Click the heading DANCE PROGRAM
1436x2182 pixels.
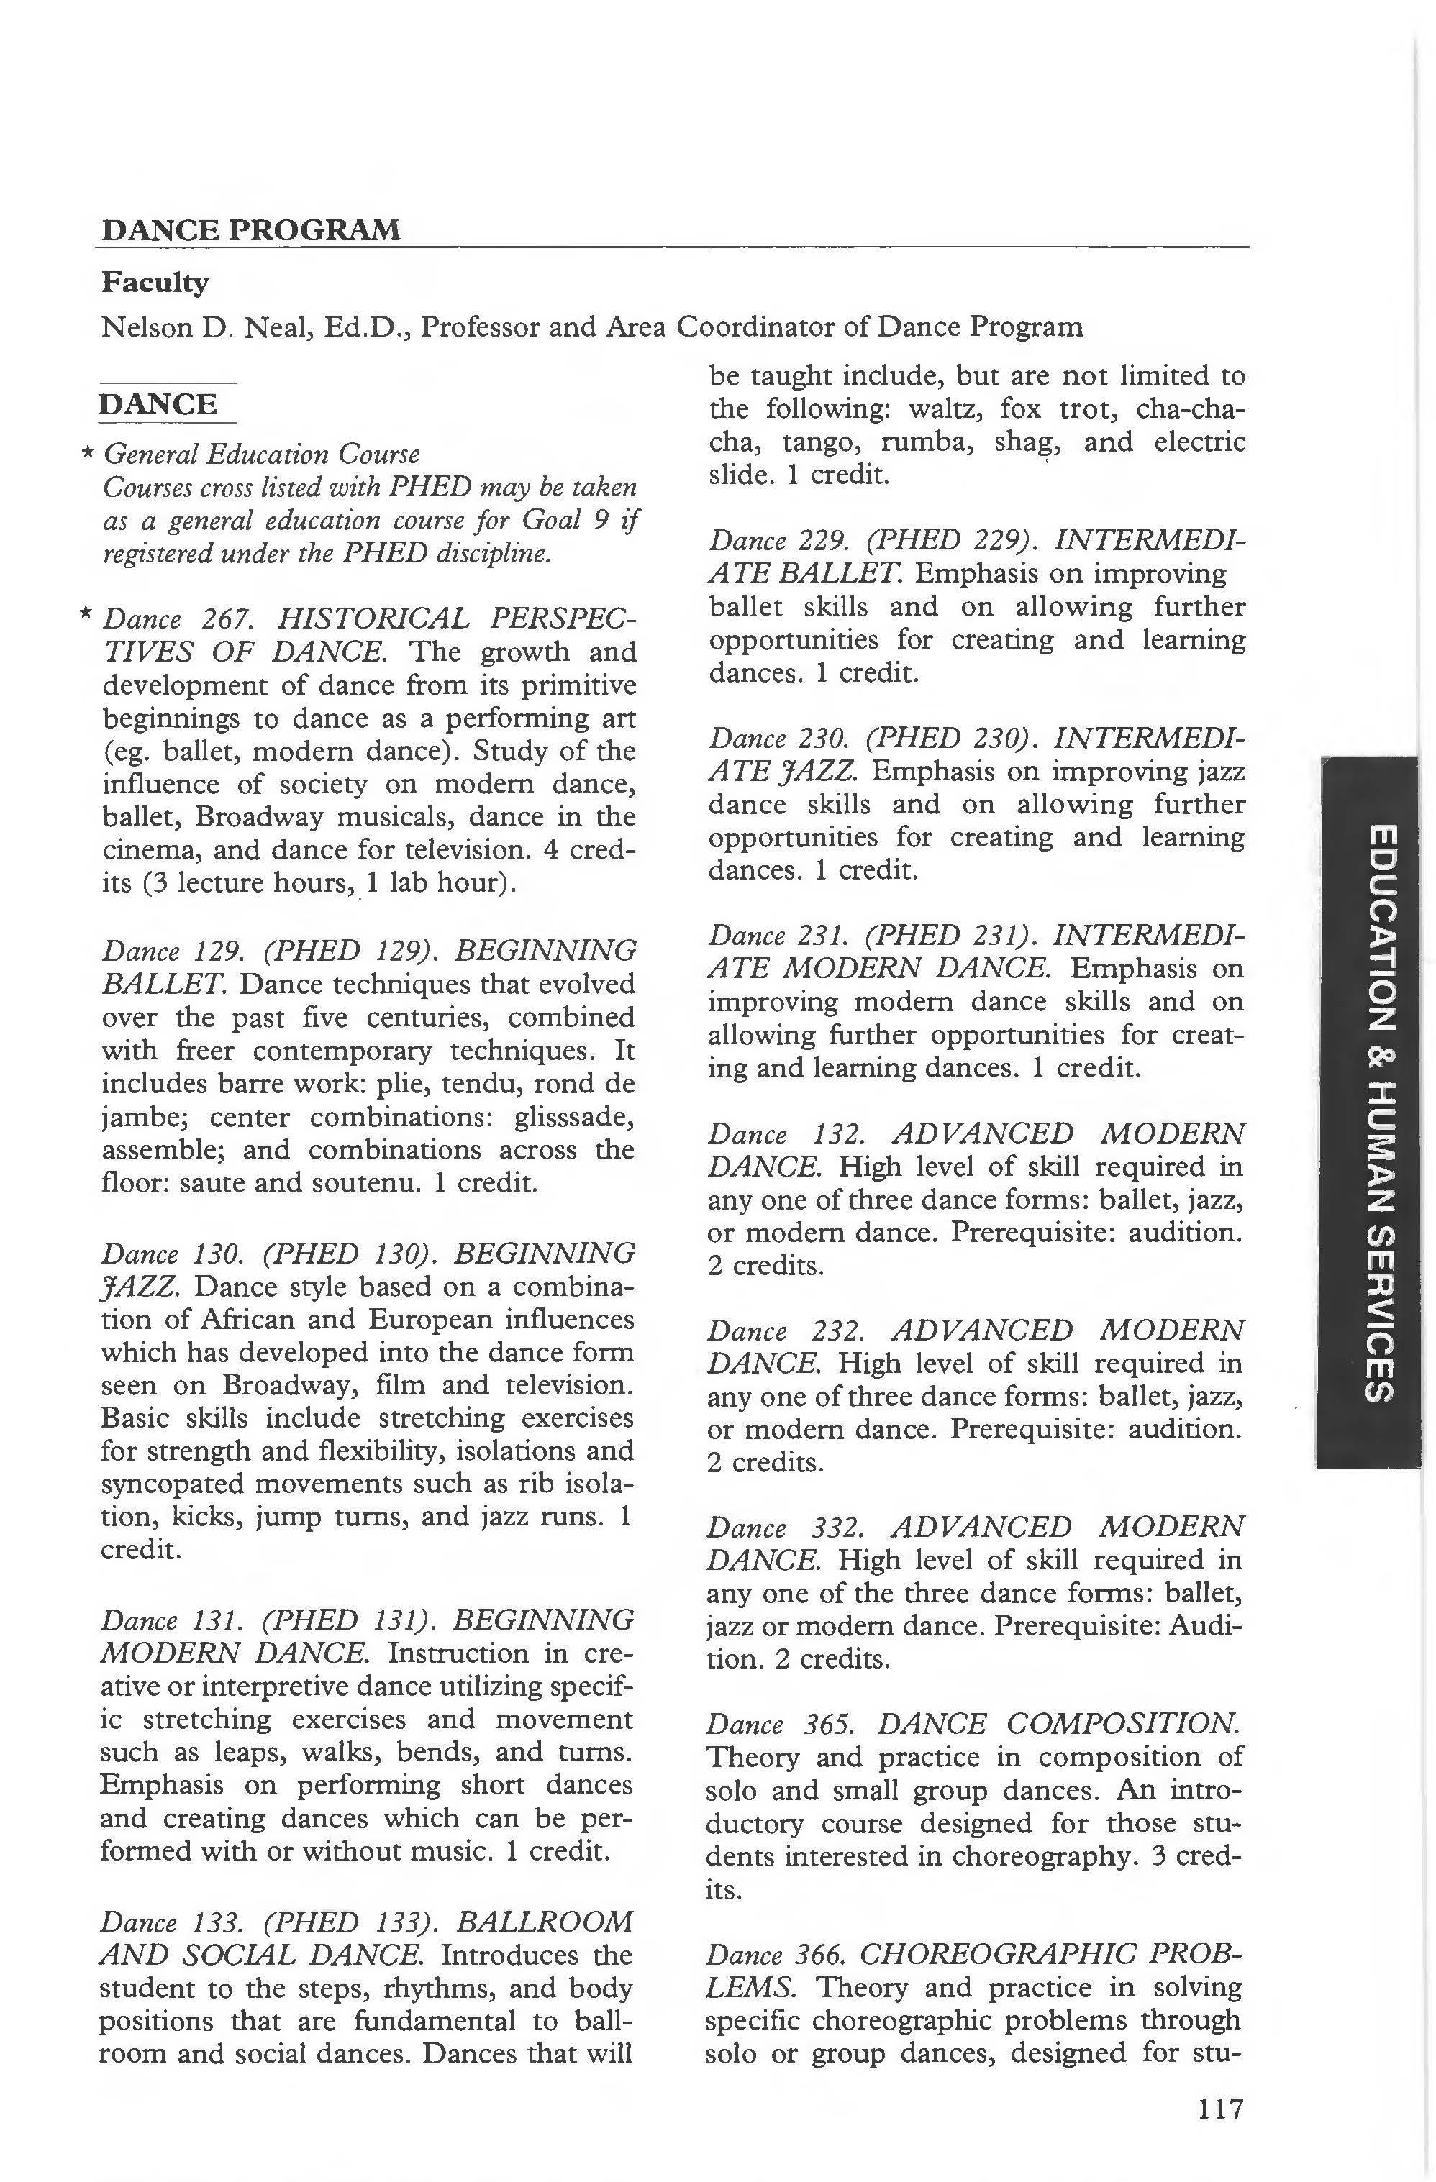pos(250,229)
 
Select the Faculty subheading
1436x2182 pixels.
pos(155,283)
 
